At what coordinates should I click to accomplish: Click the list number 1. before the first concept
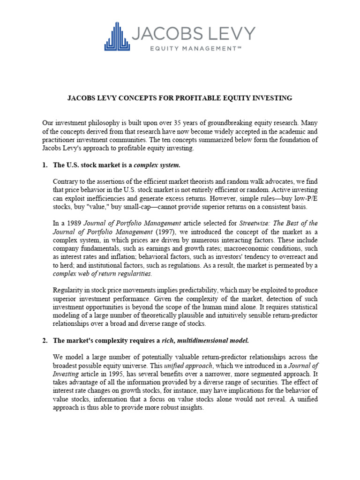coord(45,165)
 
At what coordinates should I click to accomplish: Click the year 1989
coord(69,223)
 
